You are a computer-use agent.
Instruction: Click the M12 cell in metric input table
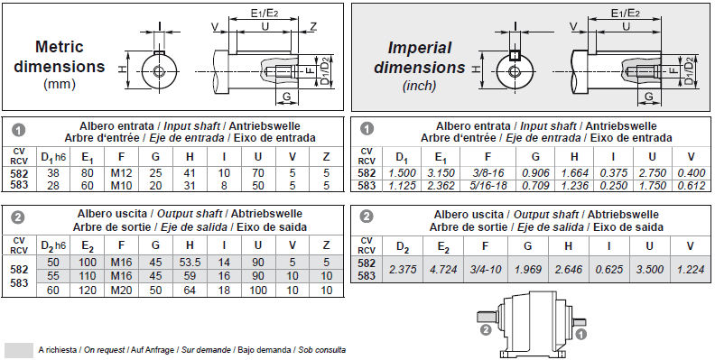point(121,173)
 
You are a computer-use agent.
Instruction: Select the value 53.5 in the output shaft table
point(190,262)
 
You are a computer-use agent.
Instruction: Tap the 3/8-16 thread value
point(487,173)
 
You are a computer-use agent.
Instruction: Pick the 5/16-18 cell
point(487,186)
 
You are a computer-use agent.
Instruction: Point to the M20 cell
point(121,290)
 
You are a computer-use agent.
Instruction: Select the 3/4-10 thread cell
point(485,269)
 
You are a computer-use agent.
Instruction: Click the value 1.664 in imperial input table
point(574,173)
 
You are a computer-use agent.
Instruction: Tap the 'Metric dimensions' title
point(60,57)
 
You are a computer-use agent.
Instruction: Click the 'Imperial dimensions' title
point(420,58)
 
